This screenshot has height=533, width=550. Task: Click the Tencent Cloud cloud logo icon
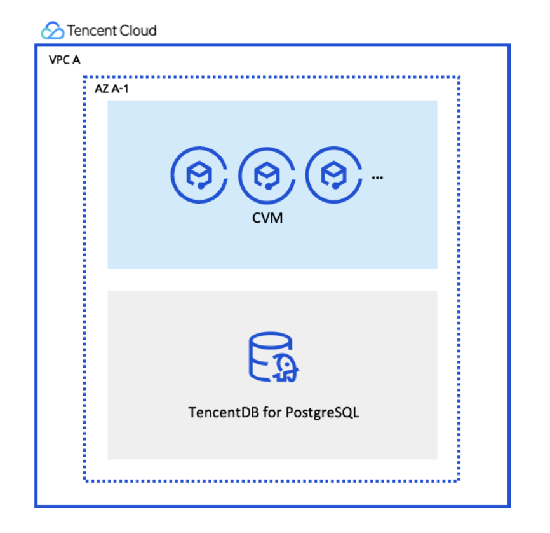pos(53,31)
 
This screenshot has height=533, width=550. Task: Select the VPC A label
pos(65,60)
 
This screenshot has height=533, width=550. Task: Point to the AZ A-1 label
pos(112,88)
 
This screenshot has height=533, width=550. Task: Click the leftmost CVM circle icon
pos(171,175)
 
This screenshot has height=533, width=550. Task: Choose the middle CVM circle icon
pos(239,175)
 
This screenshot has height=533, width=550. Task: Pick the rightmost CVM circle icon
pos(306,175)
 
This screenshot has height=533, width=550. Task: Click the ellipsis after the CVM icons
pos(377,178)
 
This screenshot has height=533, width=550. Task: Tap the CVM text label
pos(267,218)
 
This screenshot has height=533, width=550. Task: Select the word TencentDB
pos(224,412)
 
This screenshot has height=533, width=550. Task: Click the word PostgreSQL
pos(323,413)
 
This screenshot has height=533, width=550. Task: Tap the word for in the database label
pos(272,412)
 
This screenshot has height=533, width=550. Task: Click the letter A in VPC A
pos(76,60)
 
